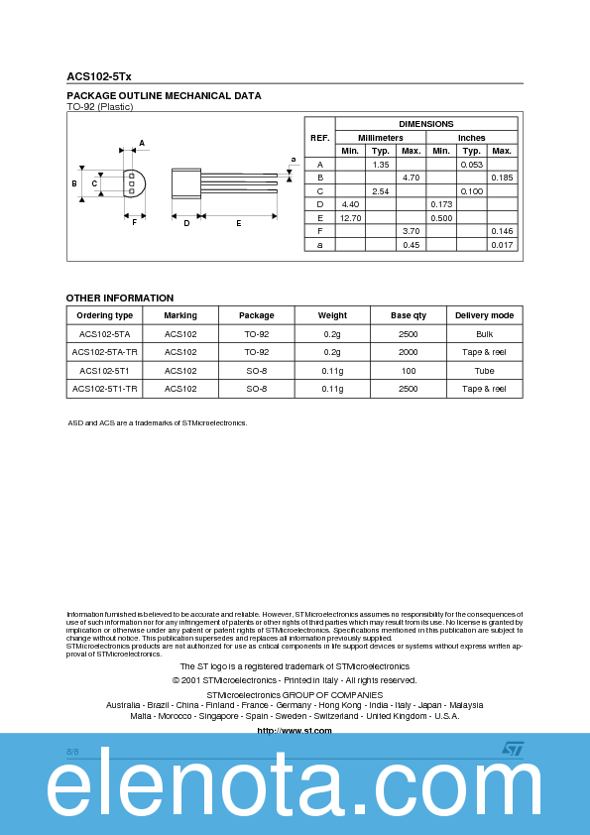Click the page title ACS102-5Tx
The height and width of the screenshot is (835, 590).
(x=98, y=75)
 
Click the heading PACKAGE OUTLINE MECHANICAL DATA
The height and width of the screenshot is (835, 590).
(x=164, y=96)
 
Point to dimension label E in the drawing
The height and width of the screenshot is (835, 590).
(x=239, y=223)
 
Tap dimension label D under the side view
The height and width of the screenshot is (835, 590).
(x=186, y=223)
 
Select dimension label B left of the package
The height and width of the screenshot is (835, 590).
(x=74, y=183)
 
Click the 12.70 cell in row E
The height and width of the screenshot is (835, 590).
(x=350, y=217)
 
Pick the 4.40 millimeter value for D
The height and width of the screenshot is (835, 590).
(x=350, y=203)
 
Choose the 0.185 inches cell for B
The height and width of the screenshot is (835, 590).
(x=502, y=177)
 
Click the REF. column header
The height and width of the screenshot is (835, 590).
(x=319, y=137)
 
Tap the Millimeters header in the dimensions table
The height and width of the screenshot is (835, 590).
(x=380, y=137)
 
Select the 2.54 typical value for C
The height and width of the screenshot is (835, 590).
(x=380, y=190)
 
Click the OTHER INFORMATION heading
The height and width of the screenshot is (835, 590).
(x=120, y=298)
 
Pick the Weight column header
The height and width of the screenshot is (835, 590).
(x=332, y=315)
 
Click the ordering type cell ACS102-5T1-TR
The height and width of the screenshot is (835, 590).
(x=105, y=389)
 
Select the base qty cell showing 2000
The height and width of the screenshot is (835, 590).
(x=408, y=352)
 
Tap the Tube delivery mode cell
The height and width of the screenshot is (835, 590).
(x=484, y=370)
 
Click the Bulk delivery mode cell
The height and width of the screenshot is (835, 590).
(x=484, y=334)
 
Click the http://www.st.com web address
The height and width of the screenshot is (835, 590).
(x=295, y=730)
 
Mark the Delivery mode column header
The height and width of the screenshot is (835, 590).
(x=484, y=315)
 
